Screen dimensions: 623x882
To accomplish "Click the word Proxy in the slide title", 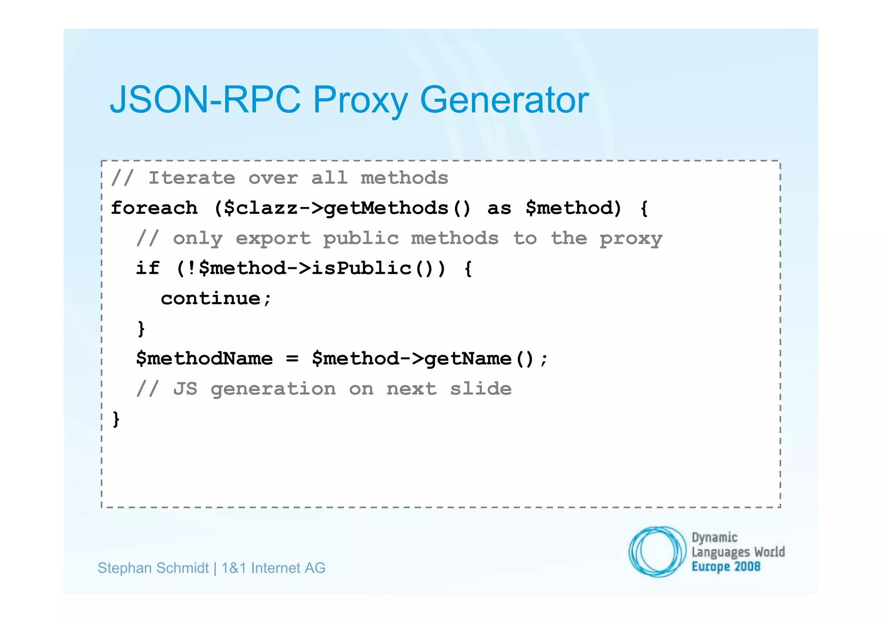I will pos(360,100).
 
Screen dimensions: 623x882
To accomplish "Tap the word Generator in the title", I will pos(504,100).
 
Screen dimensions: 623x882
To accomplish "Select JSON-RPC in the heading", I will pos(205,100).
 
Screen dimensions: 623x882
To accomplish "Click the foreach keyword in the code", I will pos(154,208).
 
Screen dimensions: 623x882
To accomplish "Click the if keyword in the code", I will pos(148,268).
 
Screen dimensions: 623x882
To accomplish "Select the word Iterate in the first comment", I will pos(192,178).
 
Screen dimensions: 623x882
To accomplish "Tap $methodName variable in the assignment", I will pos(204,359).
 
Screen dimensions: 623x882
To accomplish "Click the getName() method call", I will pos(479,359).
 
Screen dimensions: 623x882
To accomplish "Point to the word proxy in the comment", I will pos(631,239).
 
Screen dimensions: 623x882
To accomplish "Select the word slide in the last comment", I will pos(481,389).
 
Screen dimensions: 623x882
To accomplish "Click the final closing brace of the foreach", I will pos(116,419).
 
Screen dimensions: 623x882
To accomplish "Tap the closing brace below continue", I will pos(141,329).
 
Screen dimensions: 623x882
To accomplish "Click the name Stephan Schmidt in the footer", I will pos(153,568).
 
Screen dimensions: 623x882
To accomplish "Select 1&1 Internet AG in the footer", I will pos(273,568).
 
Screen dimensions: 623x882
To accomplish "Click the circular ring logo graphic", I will pos(657,551).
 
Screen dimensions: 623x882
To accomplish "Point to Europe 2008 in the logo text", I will pos(726,567).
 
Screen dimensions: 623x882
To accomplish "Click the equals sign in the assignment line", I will pos(292,359).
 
